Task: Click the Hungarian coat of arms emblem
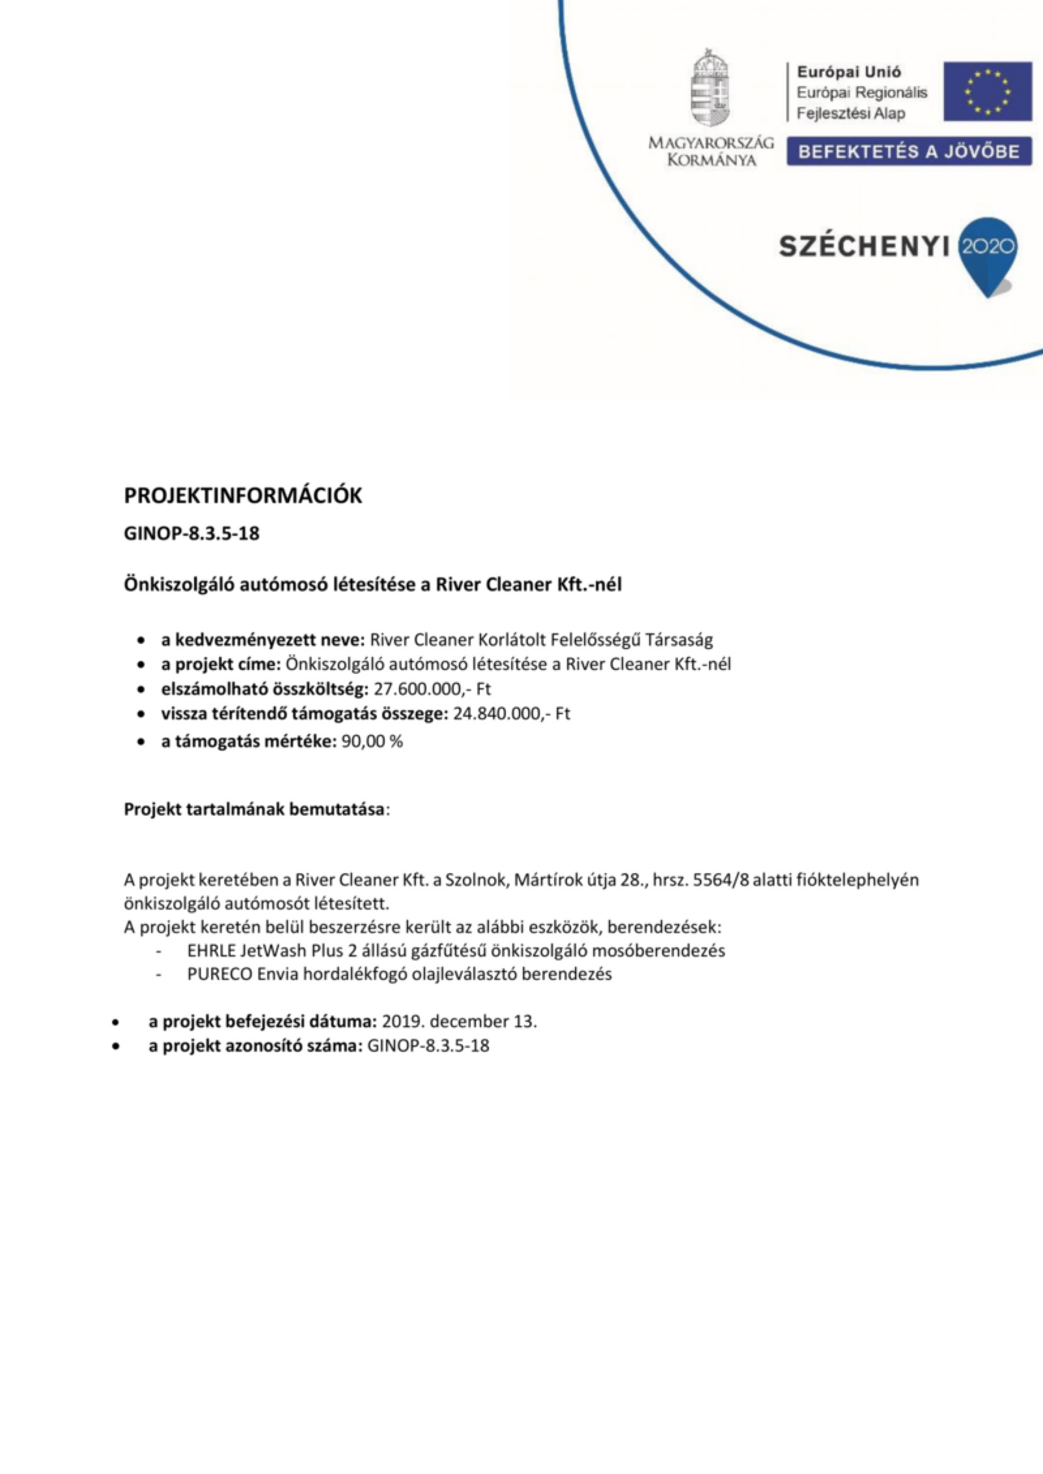click(x=710, y=89)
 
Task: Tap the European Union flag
click(x=988, y=91)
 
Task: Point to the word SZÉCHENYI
click(x=865, y=247)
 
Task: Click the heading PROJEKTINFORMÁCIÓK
click(x=243, y=496)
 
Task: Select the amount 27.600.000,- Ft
click(x=432, y=689)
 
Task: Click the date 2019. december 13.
click(x=460, y=1021)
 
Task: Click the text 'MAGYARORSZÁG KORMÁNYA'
click(x=711, y=152)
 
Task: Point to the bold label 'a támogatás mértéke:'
click(x=249, y=742)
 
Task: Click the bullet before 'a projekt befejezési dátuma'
click(x=116, y=1022)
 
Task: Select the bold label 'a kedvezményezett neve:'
click(x=263, y=640)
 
